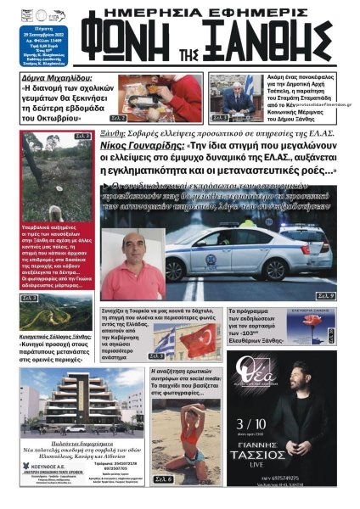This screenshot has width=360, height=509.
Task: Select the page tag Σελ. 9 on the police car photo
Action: [x=323, y=295]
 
